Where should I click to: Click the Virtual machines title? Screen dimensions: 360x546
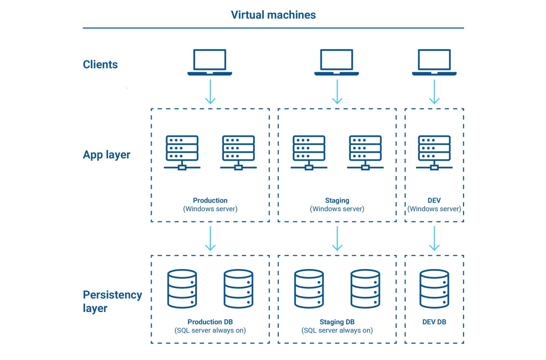(273, 15)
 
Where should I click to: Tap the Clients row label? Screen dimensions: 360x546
(100, 64)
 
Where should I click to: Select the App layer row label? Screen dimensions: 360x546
(107, 155)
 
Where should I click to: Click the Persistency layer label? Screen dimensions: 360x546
(112, 301)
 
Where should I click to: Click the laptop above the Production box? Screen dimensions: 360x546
(210, 62)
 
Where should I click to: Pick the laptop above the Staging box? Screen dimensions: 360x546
(337, 62)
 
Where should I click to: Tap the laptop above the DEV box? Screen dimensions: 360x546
(434, 62)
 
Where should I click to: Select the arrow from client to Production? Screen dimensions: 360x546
(210, 92)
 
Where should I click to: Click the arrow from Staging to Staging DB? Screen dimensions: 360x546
(337, 238)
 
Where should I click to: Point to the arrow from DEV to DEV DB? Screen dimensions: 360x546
(434, 238)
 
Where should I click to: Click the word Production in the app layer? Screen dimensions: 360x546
(210, 200)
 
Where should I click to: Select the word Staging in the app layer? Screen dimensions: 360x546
(337, 200)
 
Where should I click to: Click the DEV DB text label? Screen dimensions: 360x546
(434, 322)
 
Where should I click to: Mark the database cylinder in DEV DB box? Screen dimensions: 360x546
(434, 289)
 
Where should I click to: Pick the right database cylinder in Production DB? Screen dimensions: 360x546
(238, 289)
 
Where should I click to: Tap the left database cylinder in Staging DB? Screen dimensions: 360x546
(309, 289)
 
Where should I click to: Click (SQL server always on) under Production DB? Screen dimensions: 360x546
(210, 330)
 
